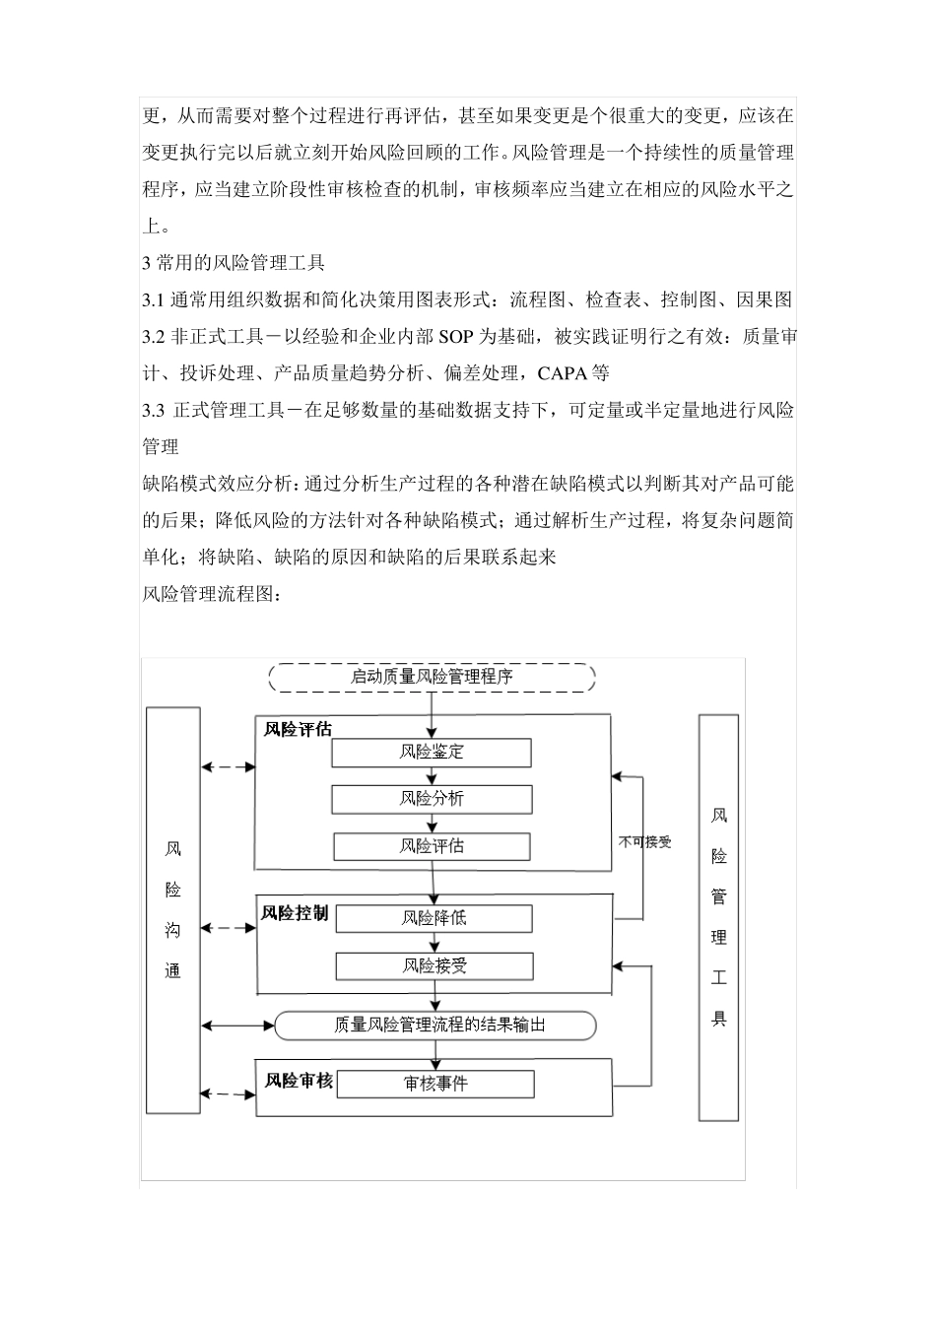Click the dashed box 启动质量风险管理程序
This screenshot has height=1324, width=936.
click(432, 677)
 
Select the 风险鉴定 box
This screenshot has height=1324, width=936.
click(432, 753)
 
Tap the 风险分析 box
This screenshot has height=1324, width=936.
click(432, 799)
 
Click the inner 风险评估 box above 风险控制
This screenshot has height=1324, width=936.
click(432, 846)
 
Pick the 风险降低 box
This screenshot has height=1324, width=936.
click(434, 918)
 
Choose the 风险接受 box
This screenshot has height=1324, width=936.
click(434, 965)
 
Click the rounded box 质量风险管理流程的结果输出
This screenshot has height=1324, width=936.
click(435, 1026)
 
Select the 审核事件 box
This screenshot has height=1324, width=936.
click(435, 1084)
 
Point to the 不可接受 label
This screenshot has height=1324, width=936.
click(644, 842)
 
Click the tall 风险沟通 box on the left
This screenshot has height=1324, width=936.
click(173, 910)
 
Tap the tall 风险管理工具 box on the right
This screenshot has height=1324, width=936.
click(718, 917)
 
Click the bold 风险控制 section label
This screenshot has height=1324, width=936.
click(295, 913)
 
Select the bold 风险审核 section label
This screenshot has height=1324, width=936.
click(299, 1081)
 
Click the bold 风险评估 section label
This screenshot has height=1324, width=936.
click(298, 730)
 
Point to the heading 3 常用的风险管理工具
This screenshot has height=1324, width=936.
click(234, 263)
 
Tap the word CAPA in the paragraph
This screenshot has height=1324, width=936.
click(563, 373)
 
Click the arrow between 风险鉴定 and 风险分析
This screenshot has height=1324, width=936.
click(432, 776)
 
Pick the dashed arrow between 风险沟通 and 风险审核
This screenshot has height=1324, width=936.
click(228, 1093)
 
